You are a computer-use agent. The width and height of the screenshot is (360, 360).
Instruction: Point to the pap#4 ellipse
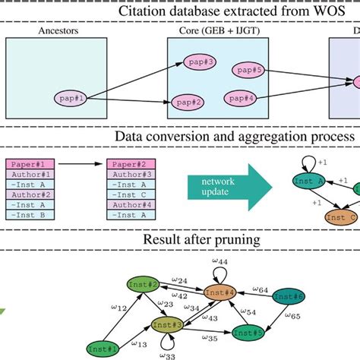tap(239, 98)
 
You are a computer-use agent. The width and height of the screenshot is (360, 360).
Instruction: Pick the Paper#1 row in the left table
tap(30, 163)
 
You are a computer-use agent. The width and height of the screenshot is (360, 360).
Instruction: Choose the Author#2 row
tap(30, 194)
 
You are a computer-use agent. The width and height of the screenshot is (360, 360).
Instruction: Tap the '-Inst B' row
tap(30, 215)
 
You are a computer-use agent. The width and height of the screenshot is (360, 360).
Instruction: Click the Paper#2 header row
tap(131, 163)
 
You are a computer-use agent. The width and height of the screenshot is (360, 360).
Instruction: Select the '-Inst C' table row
tap(131, 184)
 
